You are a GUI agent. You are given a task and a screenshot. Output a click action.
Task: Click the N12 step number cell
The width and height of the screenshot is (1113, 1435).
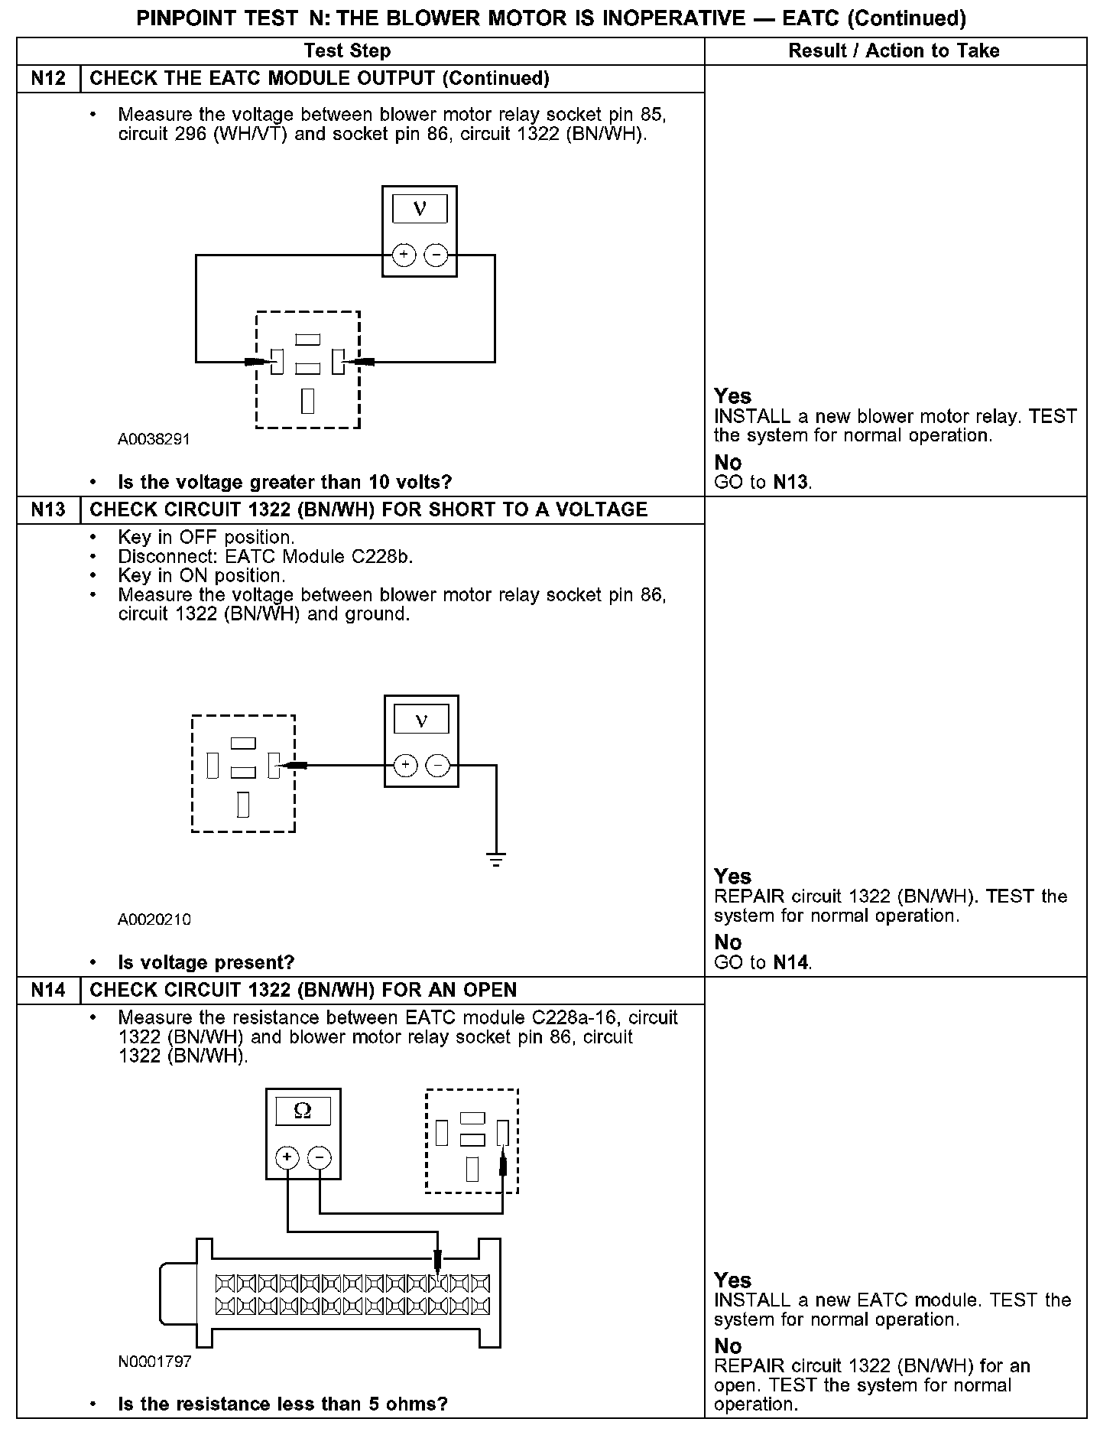pyautogui.click(x=48, y=79)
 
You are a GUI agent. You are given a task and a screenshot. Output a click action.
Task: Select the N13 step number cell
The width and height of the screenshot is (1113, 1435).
pyautogui.click(x=48, y=510)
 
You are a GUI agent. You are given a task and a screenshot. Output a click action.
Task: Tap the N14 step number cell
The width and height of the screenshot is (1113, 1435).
pyautogui.click(x=48, y=991)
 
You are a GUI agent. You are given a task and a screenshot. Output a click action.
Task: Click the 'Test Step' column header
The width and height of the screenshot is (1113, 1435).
pyautogui.click(x=347, y=51)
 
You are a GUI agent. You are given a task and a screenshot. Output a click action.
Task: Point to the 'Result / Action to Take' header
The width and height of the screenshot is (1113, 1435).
pyautogui.click(x=894, y=51)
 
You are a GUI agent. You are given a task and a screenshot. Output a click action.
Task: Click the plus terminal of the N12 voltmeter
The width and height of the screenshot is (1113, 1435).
pyautogui.click(x=403, y=255)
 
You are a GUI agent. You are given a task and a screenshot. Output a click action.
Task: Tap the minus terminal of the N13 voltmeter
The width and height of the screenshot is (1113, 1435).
pyautogui.click(x=437, y=765)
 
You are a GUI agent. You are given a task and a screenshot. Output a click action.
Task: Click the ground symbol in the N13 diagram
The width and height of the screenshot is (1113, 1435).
pyautogui.click(x=496, y=859)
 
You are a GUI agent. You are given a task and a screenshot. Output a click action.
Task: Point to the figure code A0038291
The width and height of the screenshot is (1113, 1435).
pyautogui.click(x=154, y=440)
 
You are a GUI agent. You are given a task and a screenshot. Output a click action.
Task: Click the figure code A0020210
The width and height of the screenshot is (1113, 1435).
pyautogui.click(x=154, y=919)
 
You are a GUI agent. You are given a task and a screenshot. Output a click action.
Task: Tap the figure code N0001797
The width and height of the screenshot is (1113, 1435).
pyautogui.click(x=154, y=1362)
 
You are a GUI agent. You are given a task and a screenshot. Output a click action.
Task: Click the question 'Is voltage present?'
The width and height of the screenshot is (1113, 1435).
pyautogui.click(x=206, y=962)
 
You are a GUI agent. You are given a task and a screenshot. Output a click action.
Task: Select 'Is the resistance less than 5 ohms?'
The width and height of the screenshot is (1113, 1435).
pyautogui.click(x=282, y=1404)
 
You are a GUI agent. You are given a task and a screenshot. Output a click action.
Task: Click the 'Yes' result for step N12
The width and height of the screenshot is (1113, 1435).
pyautogui.click(x=732, y=396)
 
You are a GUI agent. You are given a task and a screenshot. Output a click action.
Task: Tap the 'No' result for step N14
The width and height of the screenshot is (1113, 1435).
pyautogui.click(x=728, y=1346)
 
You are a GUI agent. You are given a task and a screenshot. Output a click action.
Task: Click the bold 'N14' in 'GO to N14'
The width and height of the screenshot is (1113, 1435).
pyautogui.click(x=790, y=962)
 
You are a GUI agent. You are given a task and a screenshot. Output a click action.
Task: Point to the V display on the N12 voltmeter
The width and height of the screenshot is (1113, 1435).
pyautogui.click(x=419, y=208)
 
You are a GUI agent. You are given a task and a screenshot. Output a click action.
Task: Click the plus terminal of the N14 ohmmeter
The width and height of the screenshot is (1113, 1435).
pyautogui.click(x=287, y=1157)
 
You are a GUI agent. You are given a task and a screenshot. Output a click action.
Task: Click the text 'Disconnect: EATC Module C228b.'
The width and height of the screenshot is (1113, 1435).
pyautogui.click(x=265, y=556)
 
